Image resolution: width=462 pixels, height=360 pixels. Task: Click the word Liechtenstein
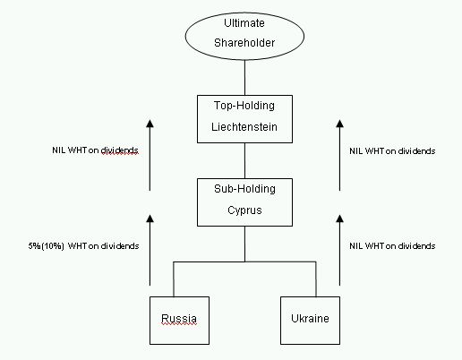[244, 127]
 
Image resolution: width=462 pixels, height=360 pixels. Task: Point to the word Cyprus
[244, 210]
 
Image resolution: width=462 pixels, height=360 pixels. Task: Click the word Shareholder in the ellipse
[244, 43]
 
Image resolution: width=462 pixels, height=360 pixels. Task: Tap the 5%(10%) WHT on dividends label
[83, 246]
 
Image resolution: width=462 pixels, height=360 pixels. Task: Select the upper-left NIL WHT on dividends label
[95, 150]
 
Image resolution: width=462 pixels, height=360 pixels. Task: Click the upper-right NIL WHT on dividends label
[392, 151]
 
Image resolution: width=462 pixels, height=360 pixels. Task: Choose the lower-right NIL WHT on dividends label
[392, 246]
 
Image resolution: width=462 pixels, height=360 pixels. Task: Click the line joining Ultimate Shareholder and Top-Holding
[244, 78]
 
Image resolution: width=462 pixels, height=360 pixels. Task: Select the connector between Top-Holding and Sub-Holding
[244, 160]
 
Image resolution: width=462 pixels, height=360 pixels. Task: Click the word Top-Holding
[244, 106]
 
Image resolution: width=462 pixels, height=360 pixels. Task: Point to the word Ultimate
[244, 23]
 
